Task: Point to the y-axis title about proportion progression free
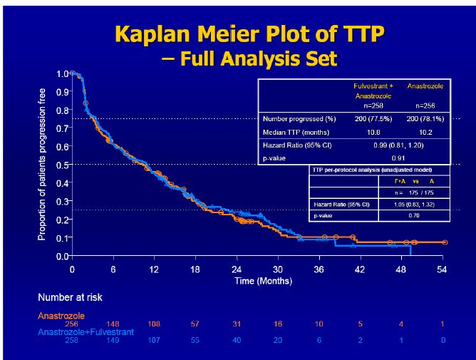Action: coord(42,164)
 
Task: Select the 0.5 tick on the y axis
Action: coord(61,165)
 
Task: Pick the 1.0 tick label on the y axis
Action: coord(61,73)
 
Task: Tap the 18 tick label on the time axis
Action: coord(195,269)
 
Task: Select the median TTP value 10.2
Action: coord(425,132)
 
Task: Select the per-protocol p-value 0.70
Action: coord(414,213)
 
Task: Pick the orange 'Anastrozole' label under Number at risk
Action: coord(61,314)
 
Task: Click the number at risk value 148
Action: coord(113,324)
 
